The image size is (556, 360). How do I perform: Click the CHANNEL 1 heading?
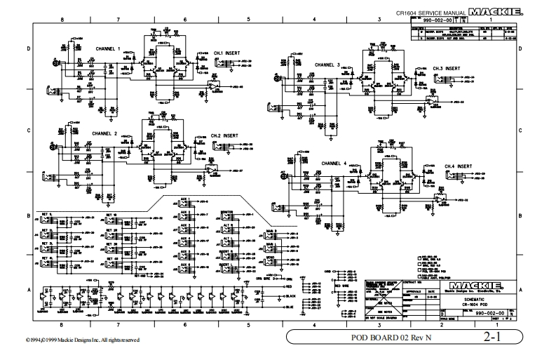click(x=108, y=48)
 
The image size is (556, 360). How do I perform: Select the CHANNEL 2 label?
click(x=104, y=133)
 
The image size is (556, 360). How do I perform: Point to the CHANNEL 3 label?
click(x=327, y=64)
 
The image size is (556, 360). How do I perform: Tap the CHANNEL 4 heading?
click(x=334, y=163)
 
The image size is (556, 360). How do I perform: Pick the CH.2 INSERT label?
click(x=224, y=135)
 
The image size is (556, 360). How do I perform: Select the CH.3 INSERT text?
click(x=446, y=68)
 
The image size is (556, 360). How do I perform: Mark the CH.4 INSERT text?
click(x=458, y=166)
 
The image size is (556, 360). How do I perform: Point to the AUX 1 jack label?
click(x=184, y=199)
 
